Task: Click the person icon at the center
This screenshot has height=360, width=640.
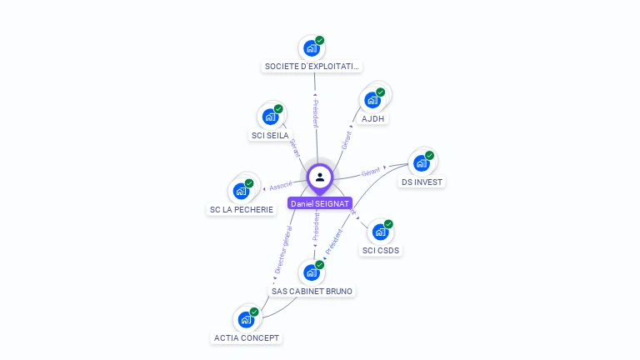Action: [320, 177]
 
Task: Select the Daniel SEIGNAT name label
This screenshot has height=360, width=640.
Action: [320, 203]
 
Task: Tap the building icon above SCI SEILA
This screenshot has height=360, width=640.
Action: [270, 117]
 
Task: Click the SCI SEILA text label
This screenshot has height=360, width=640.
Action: [270, 135]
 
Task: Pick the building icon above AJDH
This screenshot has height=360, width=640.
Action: [372, 100]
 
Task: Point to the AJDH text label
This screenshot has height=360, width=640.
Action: [373, 118]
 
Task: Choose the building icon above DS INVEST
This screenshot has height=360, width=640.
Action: [422, 162]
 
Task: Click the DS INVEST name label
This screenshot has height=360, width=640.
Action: [422, 182]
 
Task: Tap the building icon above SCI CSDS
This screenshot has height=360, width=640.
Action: [380, 232]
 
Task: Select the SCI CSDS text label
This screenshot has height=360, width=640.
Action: [381, 250]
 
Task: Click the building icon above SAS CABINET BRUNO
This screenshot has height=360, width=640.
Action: [312, 272]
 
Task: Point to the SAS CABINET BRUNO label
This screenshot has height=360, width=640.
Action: [312, 291]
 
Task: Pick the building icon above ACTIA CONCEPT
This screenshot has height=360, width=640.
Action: [246, 319]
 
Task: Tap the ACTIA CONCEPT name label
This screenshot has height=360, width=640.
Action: [247, 337]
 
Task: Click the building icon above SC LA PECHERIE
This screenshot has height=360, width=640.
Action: [241, 191]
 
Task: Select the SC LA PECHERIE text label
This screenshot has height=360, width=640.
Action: [241, 209]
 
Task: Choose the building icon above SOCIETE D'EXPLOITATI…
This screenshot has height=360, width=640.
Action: [312, 47]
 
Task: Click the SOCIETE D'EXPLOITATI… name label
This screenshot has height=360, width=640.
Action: [312, 66]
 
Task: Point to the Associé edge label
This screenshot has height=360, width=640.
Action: [281, 186]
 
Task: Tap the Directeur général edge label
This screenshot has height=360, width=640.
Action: [282, 249]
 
